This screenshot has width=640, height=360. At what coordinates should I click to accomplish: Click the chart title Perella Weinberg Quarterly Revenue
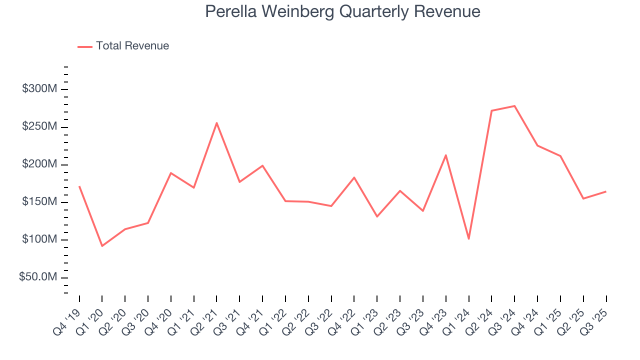click(x=342, y=11)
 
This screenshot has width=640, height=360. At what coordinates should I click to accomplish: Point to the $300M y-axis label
click(x=39, y=89)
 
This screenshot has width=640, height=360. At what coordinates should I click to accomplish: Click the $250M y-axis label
click(x=39, y=127)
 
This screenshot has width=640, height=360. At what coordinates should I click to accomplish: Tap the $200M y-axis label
click(x=39, y=164)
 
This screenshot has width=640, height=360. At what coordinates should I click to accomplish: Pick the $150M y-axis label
click(x=39, y=202)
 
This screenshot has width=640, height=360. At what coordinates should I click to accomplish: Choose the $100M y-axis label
click(x=39, y=239)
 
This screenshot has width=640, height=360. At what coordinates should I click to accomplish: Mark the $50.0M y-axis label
click(x=37, y=277)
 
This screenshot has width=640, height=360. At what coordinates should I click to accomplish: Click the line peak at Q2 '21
click(x=216, y=123)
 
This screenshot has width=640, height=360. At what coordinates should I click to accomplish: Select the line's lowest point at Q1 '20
click(x=102, y=246)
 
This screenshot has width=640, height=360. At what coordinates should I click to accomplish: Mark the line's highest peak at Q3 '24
click(x=514, y=106)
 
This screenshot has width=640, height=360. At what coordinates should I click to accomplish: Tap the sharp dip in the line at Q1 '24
click(x=468, y=239)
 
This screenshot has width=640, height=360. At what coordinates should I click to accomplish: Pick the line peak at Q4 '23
click(x=445, y=155)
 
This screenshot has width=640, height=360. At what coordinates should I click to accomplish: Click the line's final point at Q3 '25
click(x=606, y=191)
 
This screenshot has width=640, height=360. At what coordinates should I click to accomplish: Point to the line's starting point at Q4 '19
click(x=79, y=186)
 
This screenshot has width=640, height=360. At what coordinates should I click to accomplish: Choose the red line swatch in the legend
click(x=85, y=46)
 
